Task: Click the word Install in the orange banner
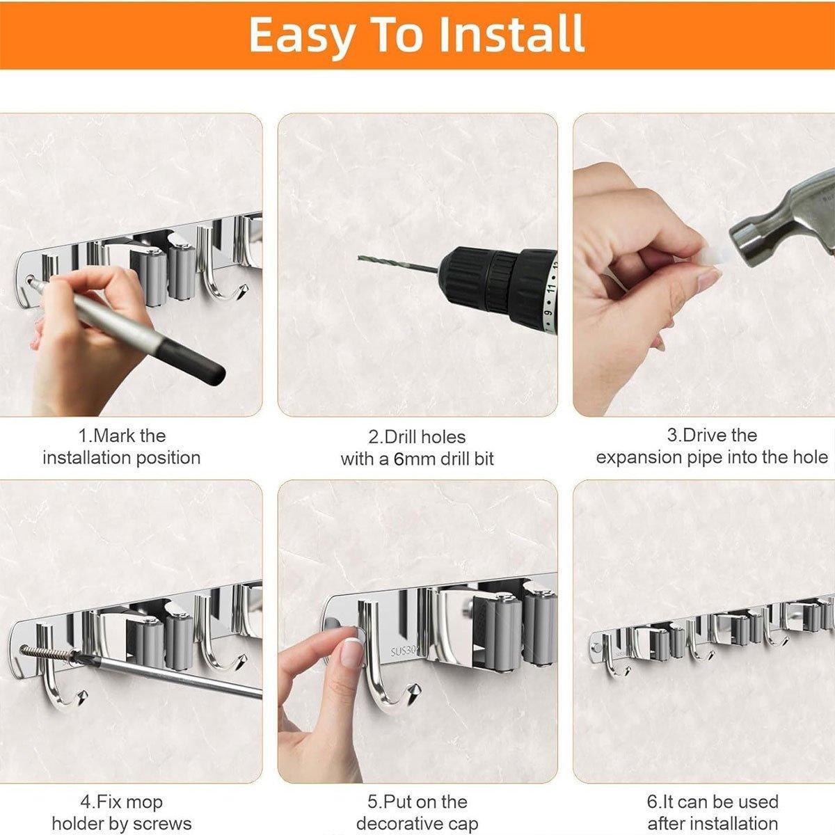511,34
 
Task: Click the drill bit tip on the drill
360,258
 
